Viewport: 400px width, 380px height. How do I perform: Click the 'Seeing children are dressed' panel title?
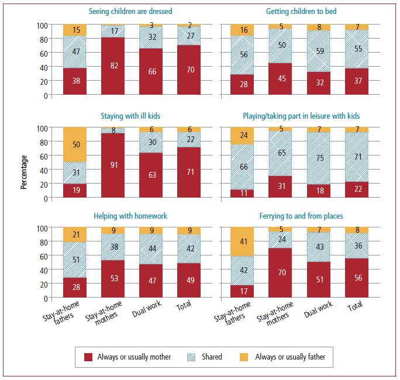click(x=130, y=11)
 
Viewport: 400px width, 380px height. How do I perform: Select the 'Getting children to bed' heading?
click(x=301, y=11)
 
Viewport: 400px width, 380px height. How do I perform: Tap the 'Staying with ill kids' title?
click(x=130, y=115)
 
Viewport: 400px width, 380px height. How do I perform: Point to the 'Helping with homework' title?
click(x=130, y=216)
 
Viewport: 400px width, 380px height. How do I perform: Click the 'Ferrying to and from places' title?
click(x=301, y=216)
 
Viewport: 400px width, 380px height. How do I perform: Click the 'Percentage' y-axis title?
click(x=24, y=171)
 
